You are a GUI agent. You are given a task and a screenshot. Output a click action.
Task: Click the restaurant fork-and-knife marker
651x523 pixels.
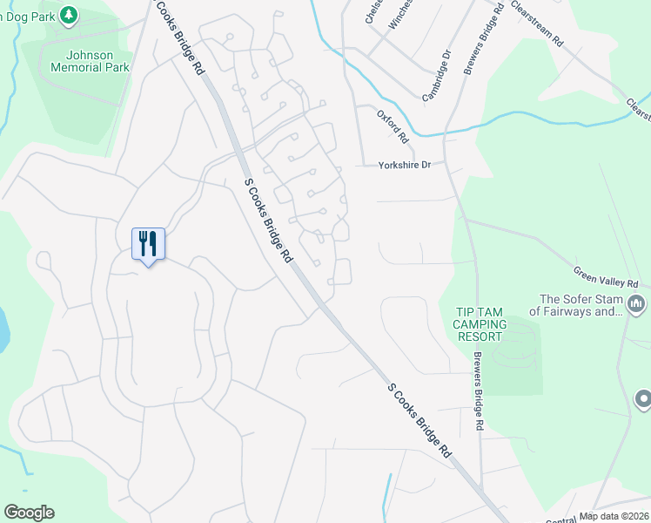147,243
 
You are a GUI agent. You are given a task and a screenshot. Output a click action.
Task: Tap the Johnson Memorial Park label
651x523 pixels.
91,61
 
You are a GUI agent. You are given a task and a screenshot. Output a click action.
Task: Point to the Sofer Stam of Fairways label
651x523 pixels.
576,304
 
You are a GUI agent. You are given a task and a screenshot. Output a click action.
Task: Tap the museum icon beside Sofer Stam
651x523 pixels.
636,304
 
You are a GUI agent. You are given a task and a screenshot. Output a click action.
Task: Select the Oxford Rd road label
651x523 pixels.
393,126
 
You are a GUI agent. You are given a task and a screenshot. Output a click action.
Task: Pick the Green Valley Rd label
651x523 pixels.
607,276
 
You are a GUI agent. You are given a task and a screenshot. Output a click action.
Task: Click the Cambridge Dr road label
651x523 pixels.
437,76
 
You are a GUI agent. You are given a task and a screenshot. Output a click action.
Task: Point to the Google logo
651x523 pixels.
29,513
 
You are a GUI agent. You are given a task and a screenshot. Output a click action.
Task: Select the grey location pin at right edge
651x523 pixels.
643,398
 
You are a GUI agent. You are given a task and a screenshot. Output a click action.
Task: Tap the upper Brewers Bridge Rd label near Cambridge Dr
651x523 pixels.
485,40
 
